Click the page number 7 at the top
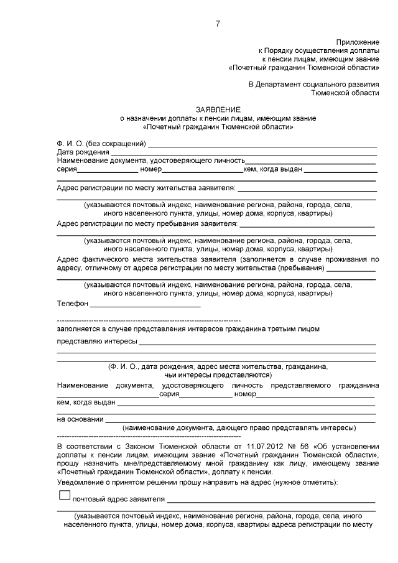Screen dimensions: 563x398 pos(217,24)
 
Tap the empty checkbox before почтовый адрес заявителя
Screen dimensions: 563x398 pos(63,495)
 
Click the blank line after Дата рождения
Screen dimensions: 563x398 pos(244,153)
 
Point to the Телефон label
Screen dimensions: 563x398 pos(73,304)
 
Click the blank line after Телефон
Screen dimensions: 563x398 pos(146,306)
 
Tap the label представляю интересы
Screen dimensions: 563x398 pos(96,341)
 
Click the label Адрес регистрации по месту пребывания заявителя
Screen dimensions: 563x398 pos(147,222)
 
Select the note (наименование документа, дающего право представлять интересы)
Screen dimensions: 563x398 pos(239,428)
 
